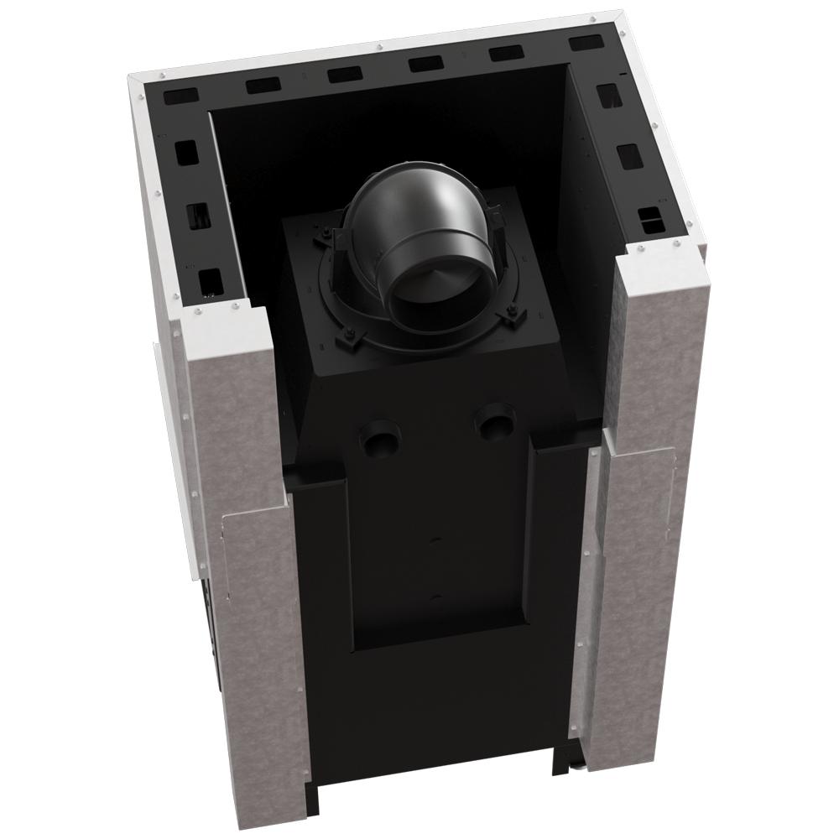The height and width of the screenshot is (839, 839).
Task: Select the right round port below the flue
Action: (495, 419)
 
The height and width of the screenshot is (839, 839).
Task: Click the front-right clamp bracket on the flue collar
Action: (510, 316)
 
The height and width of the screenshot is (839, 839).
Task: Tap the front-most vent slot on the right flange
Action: (650, 221)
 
